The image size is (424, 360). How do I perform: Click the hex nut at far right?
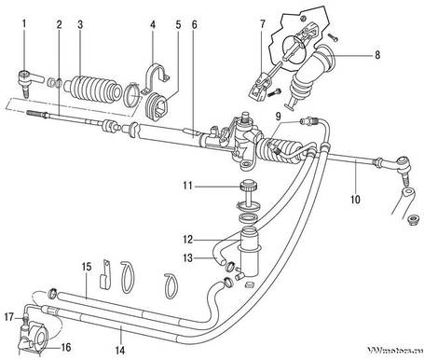pos(410,220)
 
